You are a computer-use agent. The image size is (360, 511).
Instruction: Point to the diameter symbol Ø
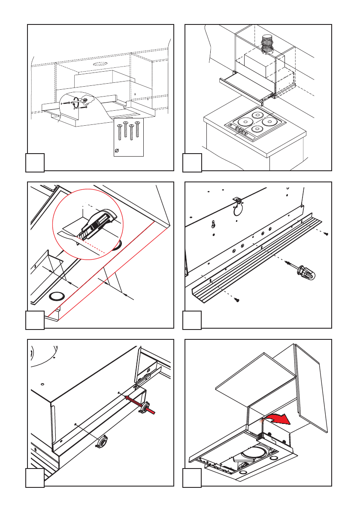click(117, 151)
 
